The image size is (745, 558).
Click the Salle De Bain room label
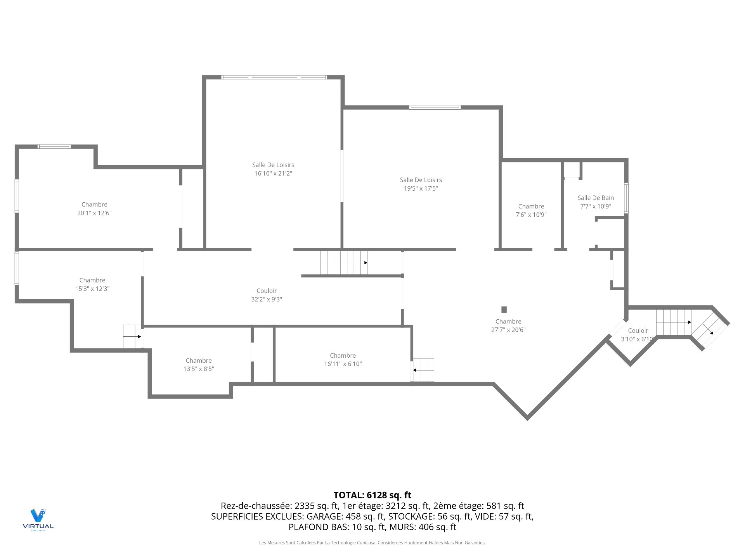pos(595,198)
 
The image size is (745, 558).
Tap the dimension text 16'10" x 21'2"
pos(273,174)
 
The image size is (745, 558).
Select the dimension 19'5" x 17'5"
pos(421,189)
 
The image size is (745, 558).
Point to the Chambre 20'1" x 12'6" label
pos(94,208)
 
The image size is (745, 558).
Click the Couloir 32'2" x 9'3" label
pos(267,295)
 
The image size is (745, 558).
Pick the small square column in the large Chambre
pos(504,309)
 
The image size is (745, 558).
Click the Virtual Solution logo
pos(38,519)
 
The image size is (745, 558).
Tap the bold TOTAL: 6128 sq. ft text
pos(372,495)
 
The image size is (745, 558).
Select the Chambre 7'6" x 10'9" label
pos(531,210)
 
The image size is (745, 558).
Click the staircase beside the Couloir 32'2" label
pos(344,263)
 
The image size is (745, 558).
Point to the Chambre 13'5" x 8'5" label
pos(199,365)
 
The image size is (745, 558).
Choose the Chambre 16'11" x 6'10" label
pos(343,360)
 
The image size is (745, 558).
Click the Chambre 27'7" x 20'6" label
pos(508,325)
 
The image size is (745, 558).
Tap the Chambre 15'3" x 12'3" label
pos(92,284)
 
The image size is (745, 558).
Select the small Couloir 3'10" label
pos(638,335)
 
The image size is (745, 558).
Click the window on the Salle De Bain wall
pos(626,198)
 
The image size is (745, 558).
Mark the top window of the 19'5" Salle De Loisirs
pos(435,107)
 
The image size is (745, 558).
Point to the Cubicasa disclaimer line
pos(372,542)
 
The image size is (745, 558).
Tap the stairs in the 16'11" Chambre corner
pos(423,370)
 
